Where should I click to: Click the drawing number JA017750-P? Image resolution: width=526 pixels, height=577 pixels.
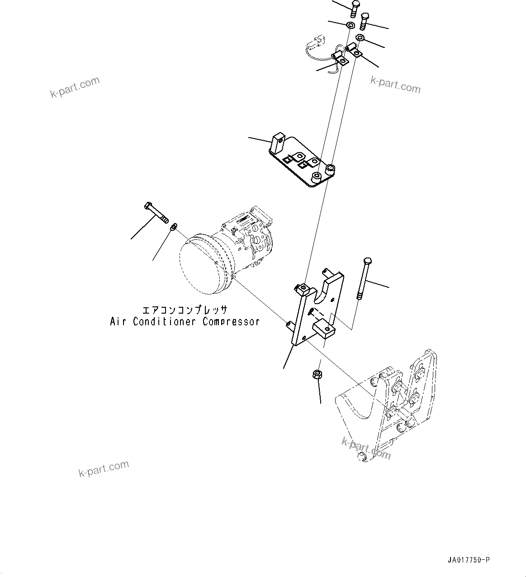click(468, 560)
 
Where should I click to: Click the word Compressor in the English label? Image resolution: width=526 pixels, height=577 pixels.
click(231, 322)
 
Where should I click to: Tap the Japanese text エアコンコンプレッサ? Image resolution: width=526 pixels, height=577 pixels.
click(185, 310)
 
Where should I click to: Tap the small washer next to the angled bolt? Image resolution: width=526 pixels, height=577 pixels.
click(173, 226)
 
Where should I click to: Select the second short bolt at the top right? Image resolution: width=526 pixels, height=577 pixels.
click(365, 20)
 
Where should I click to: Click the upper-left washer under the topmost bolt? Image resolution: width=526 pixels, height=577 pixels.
click(350, 24)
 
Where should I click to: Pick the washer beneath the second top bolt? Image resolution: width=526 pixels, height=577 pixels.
click(360, 38)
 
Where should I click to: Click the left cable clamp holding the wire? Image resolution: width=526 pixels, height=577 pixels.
click(340, 58)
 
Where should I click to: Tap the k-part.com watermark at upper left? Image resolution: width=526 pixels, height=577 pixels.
click(75, 87)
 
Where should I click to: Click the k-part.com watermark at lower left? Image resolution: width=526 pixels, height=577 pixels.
click(104, 468)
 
